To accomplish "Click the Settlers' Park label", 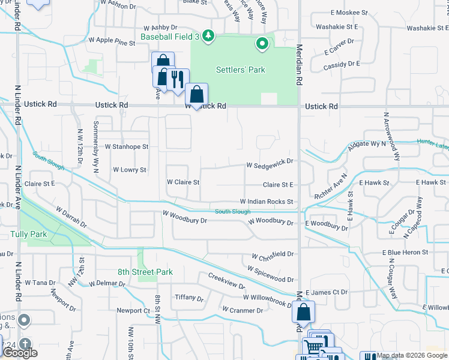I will click(x=240, y=70).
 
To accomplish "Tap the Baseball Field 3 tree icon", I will click(x=208, y=37).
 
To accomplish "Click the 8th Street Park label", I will click(x=145, y=272).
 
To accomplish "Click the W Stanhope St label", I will click(x=126, y=146).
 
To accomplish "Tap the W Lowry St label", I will click(x=130, y=170).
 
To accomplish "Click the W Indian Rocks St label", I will click(x=267, y=202).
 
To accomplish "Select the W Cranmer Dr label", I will click(x=243, y=310).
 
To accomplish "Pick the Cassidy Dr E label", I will click(x=342, y=64).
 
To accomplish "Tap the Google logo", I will click(x=20, y=353).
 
